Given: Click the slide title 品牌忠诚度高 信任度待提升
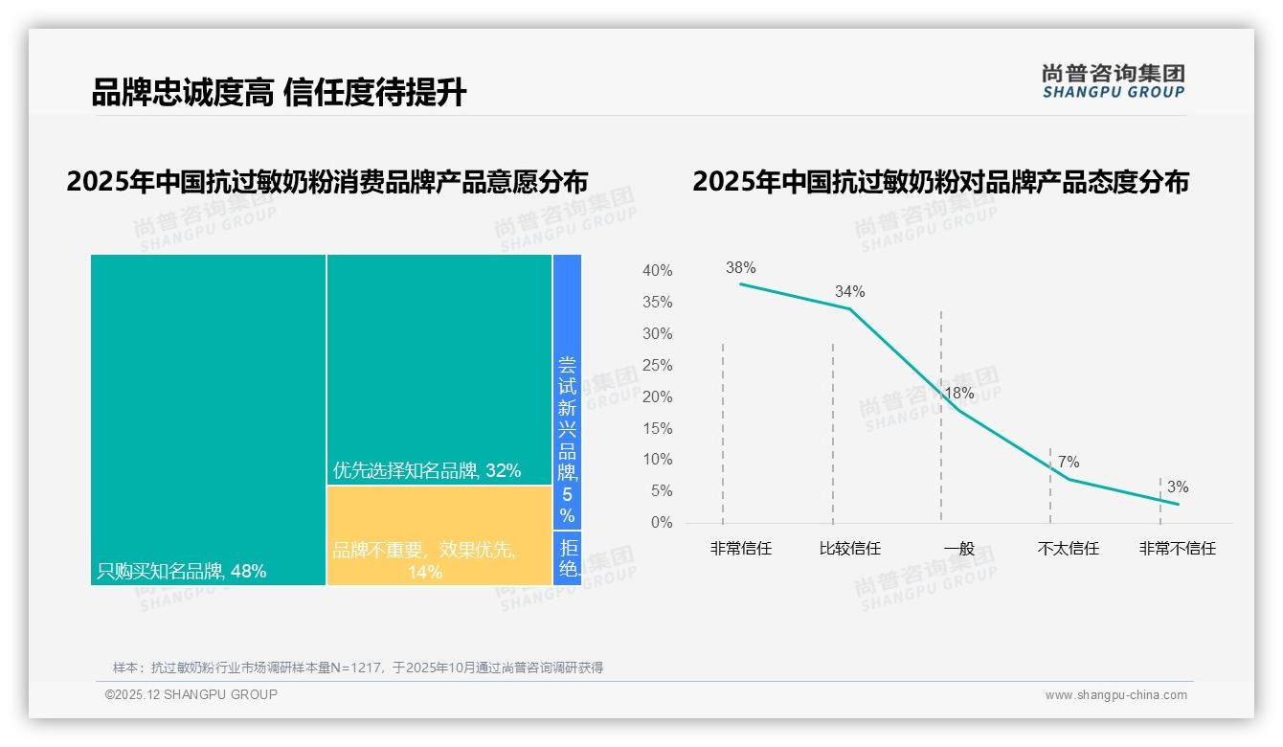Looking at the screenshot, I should click(x=279, y=93).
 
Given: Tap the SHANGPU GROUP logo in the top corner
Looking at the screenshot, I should click(x=1113, y=81).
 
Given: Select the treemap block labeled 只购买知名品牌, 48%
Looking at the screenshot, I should click(x=208, y=419).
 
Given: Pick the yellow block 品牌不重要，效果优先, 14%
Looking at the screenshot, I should click(x=439, y=535).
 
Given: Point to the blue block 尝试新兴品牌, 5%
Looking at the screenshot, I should click(x=567, y=392).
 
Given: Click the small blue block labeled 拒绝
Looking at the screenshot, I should click(x=568, y=558).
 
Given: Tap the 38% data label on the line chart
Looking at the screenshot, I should click(x=740, y=268).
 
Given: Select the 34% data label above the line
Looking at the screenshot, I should click(x=849, y=291).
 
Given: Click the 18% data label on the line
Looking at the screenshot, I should click(x=958, y=394).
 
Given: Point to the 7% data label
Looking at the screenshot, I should click(x=1069, y=463).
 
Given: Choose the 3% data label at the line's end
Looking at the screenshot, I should click(x=1178, y=487).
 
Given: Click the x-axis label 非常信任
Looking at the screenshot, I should click(x=740, y=549).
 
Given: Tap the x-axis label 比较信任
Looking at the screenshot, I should click(x=849, y=549).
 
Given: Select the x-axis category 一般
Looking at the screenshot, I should click(x=958, y=549).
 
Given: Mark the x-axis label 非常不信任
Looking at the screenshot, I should click(x=1177, y=549).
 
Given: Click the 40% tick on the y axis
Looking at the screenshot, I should click(x=657, y=271).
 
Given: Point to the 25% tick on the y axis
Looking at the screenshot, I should click(x=657, y=366).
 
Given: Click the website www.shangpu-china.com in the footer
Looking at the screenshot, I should click(x=1115, y=695).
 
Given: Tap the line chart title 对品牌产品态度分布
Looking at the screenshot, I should click(x=940, y=182).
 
